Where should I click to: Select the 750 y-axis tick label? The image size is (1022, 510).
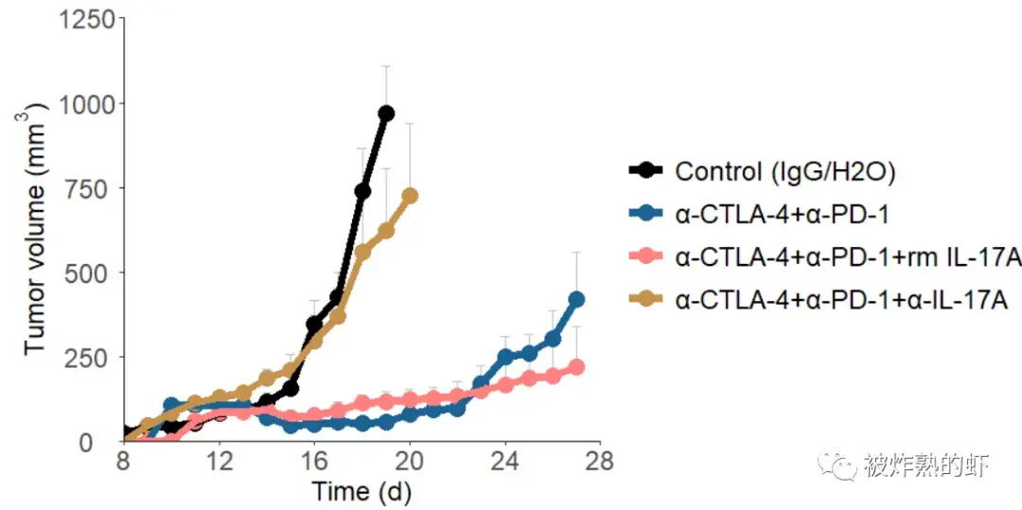(x=94, y=188)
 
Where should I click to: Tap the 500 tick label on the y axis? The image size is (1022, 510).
(x=94, y=273)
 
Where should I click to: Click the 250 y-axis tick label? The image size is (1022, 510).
(x=94, y=357)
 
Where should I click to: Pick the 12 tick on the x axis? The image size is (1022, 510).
(x=220, y=462)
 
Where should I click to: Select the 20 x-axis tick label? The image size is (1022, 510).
(x=410, y=462)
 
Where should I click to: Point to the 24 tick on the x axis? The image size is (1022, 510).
(x=505, y=462)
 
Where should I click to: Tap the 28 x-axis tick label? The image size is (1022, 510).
(x=600, y=462)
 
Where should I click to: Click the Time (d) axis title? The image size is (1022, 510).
(x=362, y=492)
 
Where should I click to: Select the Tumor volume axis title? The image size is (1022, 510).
(x=35, y=232)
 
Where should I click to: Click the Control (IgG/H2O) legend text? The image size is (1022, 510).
(x=784, y=171)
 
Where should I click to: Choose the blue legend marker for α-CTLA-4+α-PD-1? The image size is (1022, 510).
(x=646, y=214)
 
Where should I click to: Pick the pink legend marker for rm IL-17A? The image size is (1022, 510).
(x=646, y=256)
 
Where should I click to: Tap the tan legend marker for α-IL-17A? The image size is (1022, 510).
(x=646, y=299)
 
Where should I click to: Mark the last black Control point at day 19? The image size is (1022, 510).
(x=386, y=114)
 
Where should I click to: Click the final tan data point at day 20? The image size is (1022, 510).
(x=410, y=196)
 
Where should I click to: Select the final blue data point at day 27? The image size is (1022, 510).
(x=576, y=299)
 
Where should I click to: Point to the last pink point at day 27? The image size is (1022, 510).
(x=576, y=367)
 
